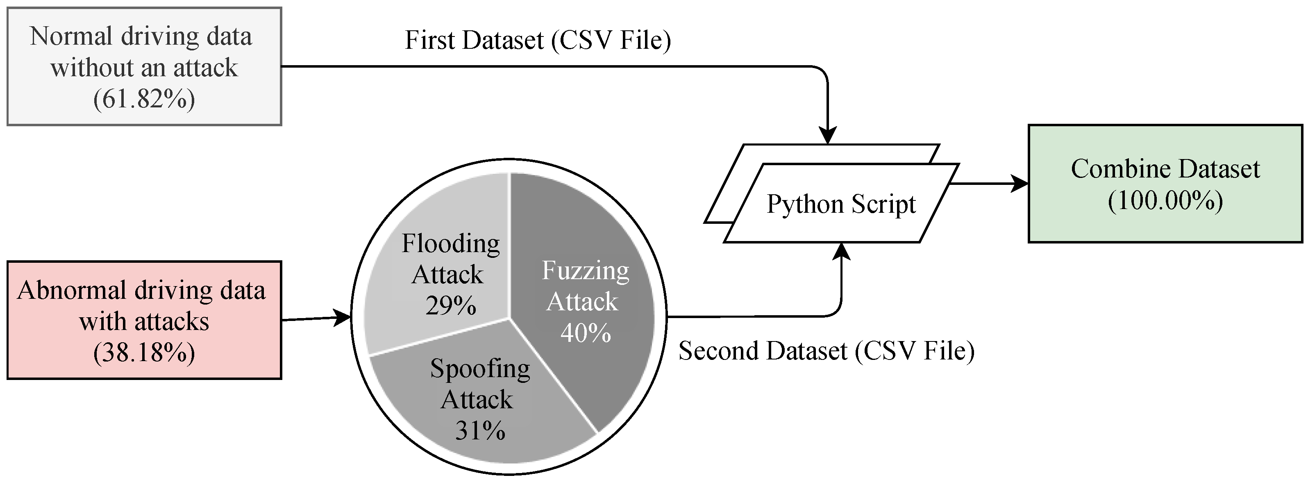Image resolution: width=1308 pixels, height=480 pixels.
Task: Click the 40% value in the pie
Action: pyautogui.click(x=586, y=333)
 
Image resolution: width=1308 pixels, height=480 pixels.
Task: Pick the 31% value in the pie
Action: pyautogui.click(x=480, y=431)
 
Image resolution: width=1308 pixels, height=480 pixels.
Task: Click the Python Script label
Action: pyautogui.click(x=841, y=204)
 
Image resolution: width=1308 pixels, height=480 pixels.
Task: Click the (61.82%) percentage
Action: pyautogui.click(x=144, y=99)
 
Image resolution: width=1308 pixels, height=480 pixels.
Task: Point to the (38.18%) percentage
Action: pyautogui.click(x=144, y=353)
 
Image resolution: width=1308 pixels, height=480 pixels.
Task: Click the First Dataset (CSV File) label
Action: pyautogui.click(x=537, y=41)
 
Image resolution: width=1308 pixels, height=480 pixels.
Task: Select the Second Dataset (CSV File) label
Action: pyautogui.click(x=826, y=351)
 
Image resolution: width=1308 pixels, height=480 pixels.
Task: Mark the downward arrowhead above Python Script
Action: pyautogui.click(x=828, y=136)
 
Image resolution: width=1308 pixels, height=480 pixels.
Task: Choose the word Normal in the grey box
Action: pyautogui.click(x=70, y=36)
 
